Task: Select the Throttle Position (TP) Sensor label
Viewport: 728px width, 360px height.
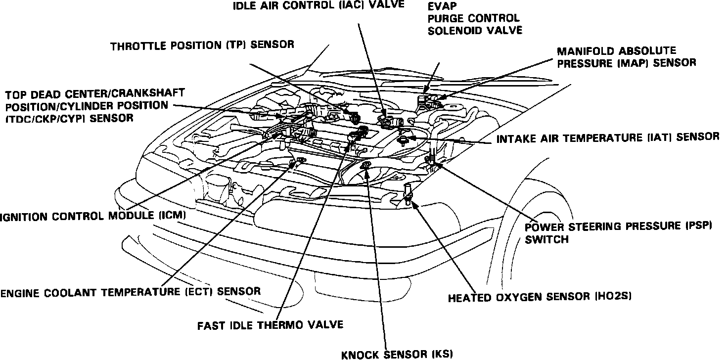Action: click(x=202, y=45)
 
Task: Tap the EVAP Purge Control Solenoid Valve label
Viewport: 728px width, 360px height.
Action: click(x=474, y=18)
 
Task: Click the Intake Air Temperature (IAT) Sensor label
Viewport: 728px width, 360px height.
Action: click(x=608, y=137)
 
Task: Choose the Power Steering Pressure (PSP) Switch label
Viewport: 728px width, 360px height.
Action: click(x=618, y=232)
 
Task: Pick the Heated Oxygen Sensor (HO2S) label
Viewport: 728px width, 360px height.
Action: click(x=540, y=298)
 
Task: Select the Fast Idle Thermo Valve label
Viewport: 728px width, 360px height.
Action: click(x=270, y=325)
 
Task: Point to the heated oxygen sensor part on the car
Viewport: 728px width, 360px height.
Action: click(x=408, y=194)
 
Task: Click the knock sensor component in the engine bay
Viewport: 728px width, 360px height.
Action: click(x=366, y=165)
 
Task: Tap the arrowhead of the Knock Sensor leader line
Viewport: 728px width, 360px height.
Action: click(x=367, y=171)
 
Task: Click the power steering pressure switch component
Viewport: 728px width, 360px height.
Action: click(x=430, y=159)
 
